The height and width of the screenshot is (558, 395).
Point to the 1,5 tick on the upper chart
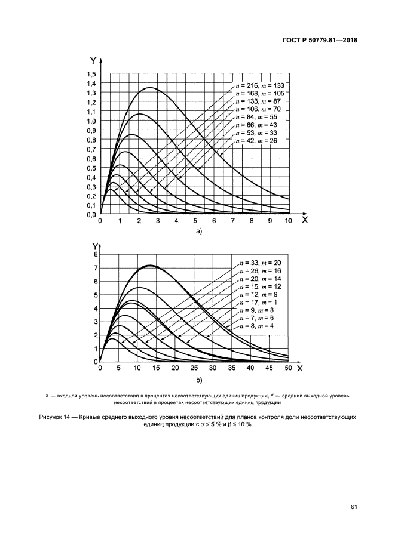[x=91, y=74]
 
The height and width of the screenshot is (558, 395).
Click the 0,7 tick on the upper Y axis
[x=91, y=149]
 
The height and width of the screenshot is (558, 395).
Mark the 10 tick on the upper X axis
[x=289, y=221]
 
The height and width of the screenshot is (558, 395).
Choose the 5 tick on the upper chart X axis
[x=195, y=221]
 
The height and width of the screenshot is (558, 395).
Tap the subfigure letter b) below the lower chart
[x=198, y=379]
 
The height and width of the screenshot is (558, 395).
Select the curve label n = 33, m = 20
[x=261, y=263]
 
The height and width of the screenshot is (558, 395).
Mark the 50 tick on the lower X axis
[x=288, y=368]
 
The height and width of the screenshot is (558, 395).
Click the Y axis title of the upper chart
[x=93, y=60]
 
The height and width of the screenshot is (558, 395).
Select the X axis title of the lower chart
[x=300, y=368]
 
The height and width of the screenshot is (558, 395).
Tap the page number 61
[x=354, y=507]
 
